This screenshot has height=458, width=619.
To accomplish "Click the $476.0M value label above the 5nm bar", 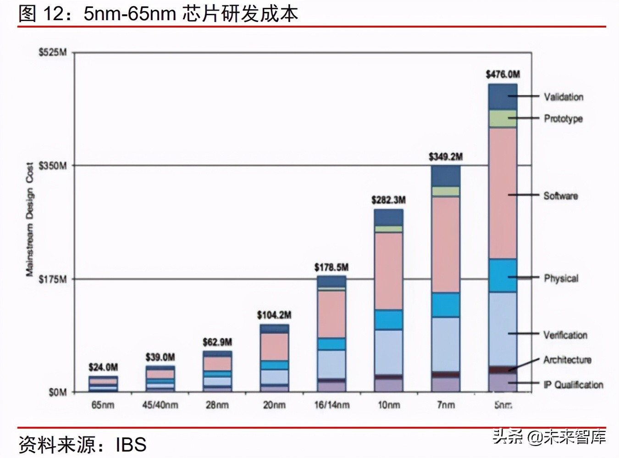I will coord(503,74).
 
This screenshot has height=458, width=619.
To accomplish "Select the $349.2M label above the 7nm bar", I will coord(445,157).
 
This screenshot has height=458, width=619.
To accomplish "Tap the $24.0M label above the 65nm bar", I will coord(103,367).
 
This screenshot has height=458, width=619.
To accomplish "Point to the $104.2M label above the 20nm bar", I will coord(274,315).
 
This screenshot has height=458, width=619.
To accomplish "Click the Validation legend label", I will coord(564,97).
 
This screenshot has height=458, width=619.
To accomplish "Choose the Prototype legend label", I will coord(563,118).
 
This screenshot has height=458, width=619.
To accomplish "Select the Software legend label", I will coord(560,196).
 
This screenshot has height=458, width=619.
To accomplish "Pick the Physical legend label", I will coord(561,278).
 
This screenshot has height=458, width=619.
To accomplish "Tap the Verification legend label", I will coord(565,335).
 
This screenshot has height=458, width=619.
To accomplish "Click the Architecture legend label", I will coord(567,360).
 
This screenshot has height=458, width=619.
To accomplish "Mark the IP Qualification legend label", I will coord(573,385).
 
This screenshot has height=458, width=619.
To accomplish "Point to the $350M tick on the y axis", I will coord(53,166).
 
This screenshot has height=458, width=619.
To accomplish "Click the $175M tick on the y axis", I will coord(53,279).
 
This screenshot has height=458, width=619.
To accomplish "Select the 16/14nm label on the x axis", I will coord(332,405).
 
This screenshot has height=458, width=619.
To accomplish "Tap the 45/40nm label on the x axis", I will coord(160,405).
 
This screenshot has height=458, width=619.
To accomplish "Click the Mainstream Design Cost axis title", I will coord(30,219).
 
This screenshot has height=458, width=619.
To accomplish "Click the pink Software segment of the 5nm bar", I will coord(503,193).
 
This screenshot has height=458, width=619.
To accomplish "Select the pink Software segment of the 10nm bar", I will coord(388,271).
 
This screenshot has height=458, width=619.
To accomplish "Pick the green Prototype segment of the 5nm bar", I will coord(503,118).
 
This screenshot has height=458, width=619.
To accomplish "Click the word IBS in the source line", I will coord(131,445).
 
